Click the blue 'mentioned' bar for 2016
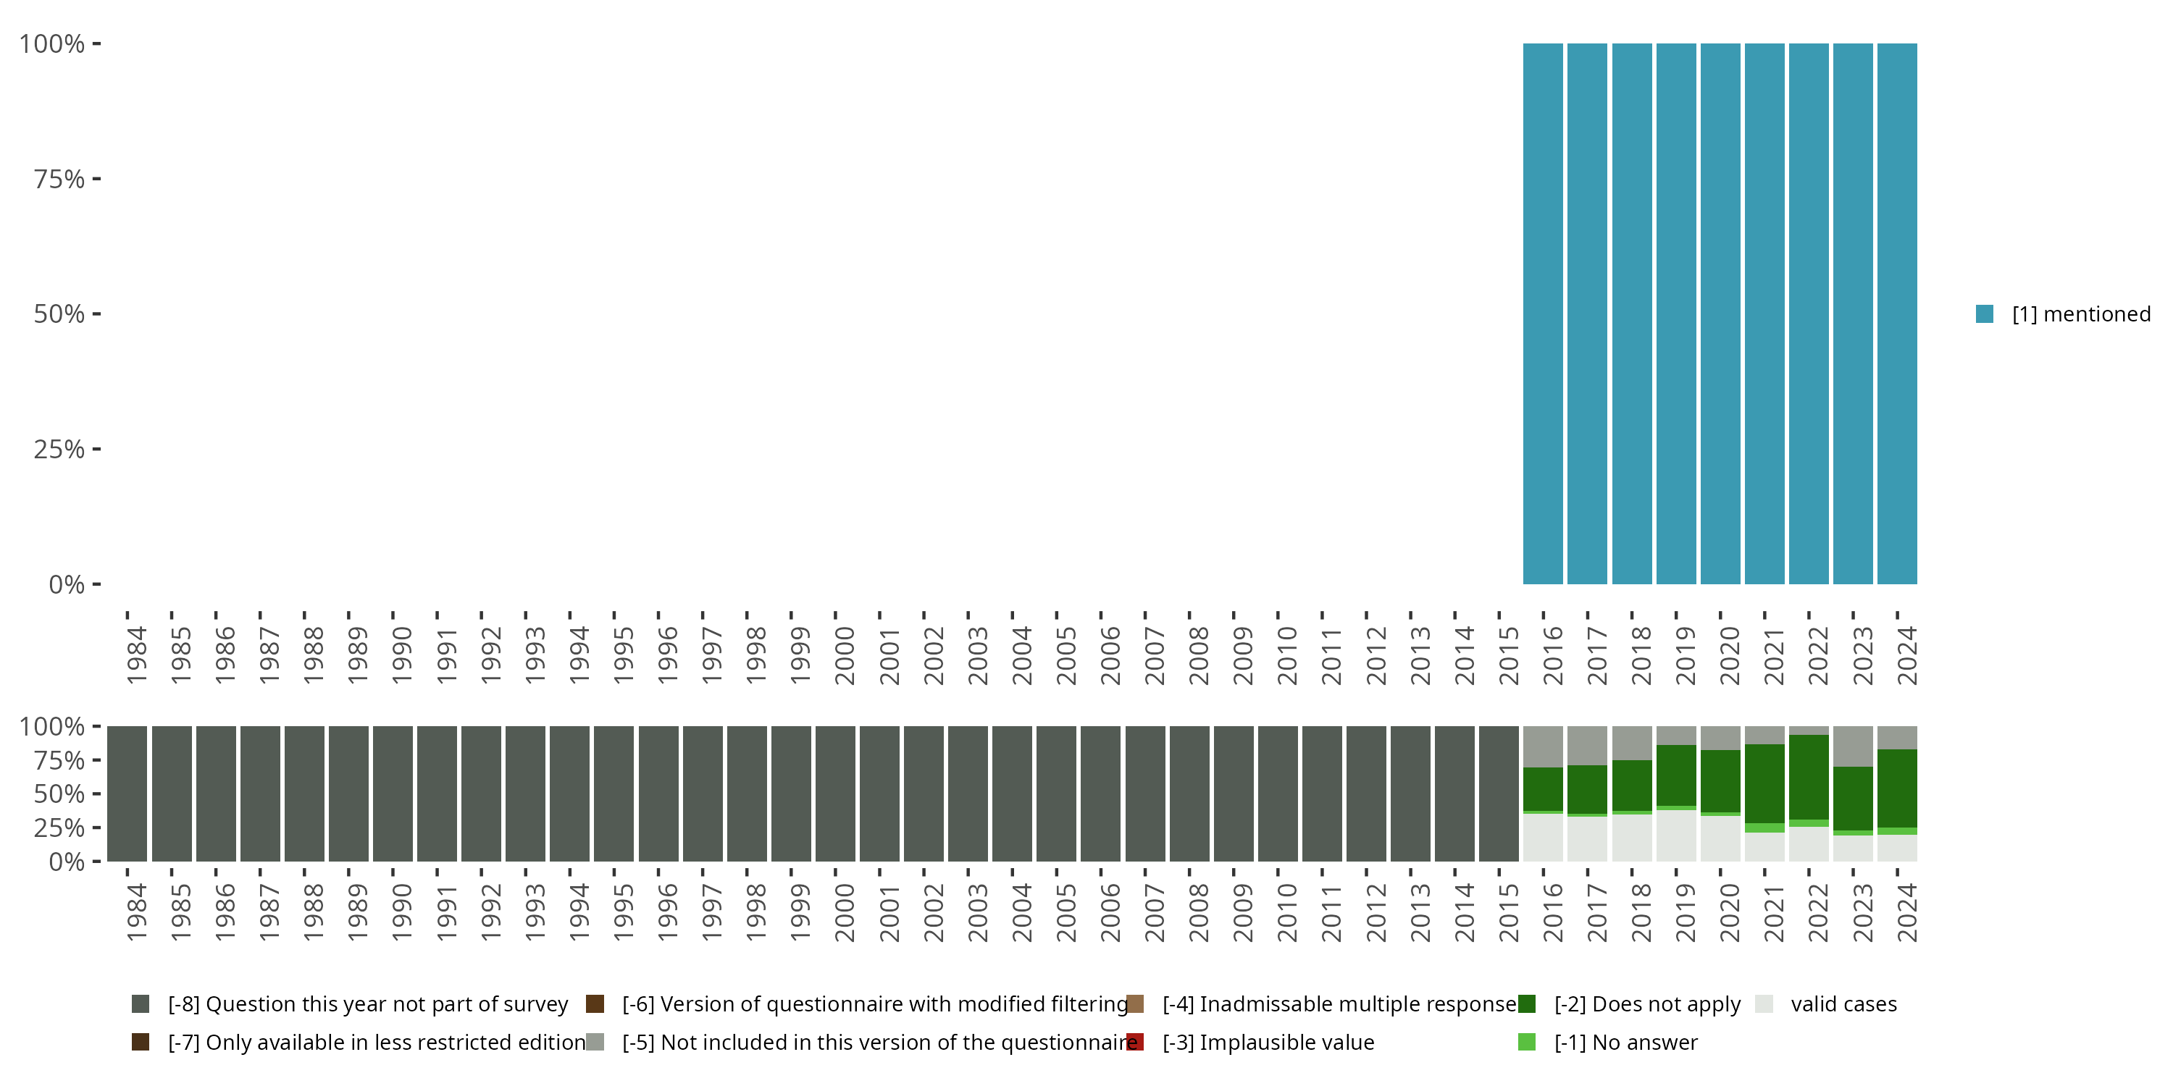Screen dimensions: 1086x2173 1543,313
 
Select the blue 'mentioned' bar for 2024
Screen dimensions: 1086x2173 1897,313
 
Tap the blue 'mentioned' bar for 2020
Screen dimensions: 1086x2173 1720,313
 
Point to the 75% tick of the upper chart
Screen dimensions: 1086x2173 60,179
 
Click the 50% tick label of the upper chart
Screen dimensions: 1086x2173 60,313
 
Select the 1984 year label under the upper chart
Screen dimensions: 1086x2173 137,655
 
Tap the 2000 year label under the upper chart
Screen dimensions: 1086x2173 845,655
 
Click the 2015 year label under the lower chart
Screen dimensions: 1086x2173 1508,912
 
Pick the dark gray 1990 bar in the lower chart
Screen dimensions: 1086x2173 393,794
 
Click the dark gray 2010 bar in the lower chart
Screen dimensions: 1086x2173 1277,794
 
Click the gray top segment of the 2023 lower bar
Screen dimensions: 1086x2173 1854,746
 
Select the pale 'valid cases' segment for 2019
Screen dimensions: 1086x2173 1676,835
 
